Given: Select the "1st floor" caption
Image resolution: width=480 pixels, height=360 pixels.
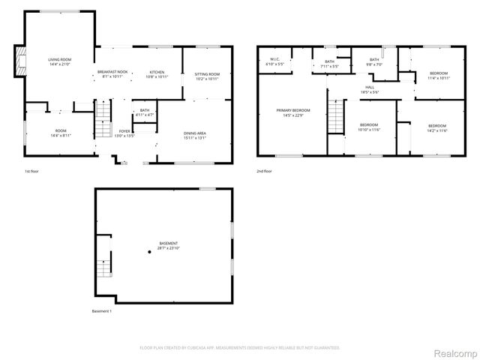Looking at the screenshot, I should (31, 171).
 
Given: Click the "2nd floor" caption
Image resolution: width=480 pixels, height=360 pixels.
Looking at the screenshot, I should (263, 171).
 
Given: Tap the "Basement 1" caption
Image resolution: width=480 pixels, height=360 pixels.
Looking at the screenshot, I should (101, 311).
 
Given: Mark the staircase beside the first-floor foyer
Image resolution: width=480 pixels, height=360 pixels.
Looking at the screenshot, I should (102, 117).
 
